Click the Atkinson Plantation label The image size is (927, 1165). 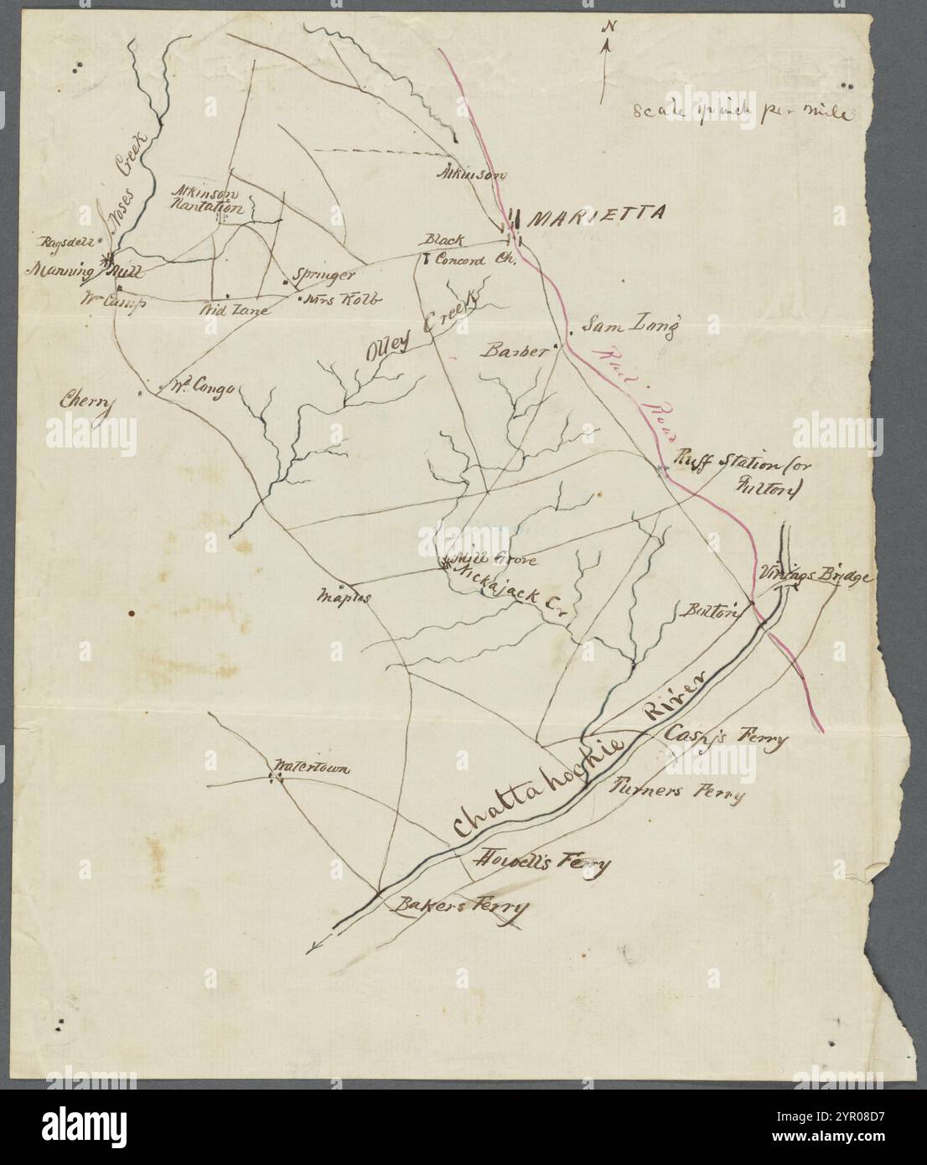(207, 198)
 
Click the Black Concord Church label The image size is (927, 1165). (466, 251)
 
